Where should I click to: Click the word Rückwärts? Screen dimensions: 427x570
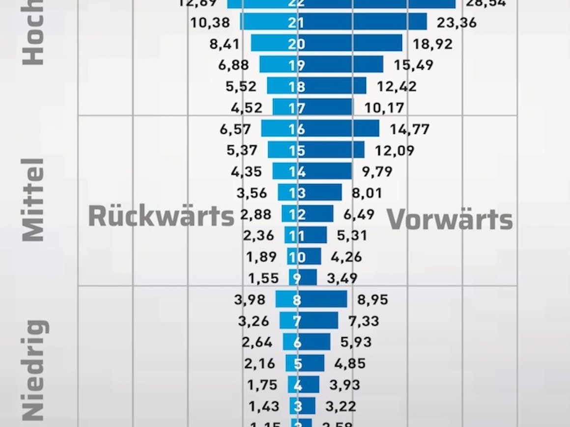click(161, 216)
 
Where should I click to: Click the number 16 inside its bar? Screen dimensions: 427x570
click(297, 130)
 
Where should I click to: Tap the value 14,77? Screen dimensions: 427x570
click(410, 130)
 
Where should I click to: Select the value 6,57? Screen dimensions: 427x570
click(235, 130)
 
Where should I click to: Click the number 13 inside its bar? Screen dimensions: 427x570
click(297, 193)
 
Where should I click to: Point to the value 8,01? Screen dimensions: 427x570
click(367, 193)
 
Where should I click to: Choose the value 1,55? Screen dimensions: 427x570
click(263, 279)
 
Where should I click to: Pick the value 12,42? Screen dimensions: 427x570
click(397, 87)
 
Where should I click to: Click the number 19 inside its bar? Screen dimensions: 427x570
click(297, 65)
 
